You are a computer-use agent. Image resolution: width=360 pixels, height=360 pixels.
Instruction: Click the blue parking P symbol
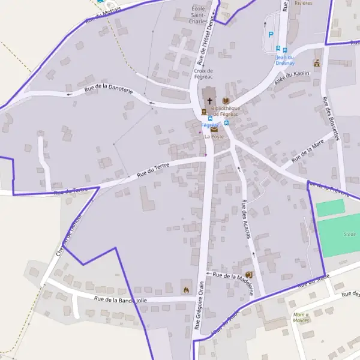[x=271, y=35]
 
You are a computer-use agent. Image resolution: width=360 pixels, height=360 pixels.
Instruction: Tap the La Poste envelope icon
[x=214, y=129]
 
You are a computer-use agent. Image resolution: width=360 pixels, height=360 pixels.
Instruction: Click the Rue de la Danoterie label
[x=109, y=88]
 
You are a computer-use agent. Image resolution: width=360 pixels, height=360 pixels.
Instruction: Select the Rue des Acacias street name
[x=245, y=219]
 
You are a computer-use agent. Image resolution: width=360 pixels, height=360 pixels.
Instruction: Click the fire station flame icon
[x=186, y=289]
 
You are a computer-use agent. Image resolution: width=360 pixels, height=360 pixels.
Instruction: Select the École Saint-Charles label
[x=198, y=14]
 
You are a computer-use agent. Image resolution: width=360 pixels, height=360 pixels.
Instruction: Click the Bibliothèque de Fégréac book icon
[x=226, y=101]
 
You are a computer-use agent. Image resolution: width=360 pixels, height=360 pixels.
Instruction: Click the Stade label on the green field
[x=350, y=233]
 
